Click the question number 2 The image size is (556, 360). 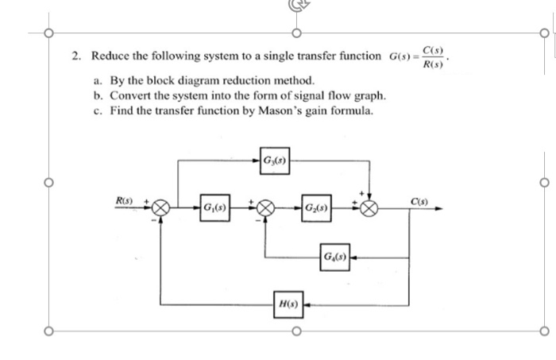[x=75, y=56]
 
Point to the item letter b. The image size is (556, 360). [x=98, y=95]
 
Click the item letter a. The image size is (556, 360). [x=98, y=81]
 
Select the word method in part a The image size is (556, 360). [x=296, y=81]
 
